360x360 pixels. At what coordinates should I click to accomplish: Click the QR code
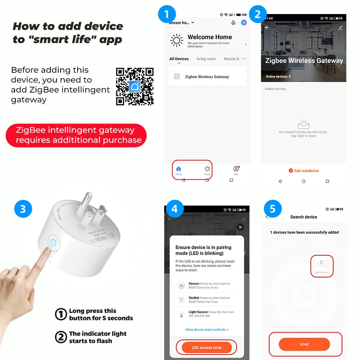(x=135, y=86)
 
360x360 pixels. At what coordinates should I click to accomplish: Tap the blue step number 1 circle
(x=167, y=14)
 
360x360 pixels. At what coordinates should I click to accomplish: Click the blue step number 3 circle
(x=23, y=209)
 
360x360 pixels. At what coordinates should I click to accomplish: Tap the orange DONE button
(x=304, y=344)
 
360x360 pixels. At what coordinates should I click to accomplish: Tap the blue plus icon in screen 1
(x=244, y=23)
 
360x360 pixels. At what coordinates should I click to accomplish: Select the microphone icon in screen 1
(x=233, y=23)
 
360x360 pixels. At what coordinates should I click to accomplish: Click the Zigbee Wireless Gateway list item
(x=207, y=77)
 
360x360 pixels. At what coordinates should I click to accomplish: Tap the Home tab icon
(x=179, y=169)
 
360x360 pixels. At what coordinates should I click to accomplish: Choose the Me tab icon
(x=236, y=169)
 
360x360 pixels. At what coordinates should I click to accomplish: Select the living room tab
(x=206, y=59)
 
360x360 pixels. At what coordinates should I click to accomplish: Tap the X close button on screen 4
(x=240, y=227)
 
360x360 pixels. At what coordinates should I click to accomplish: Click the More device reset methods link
(x=207, y=329)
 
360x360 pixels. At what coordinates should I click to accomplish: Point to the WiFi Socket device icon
(x=321, y=264)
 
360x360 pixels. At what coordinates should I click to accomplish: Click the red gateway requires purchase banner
(x=76, y=135)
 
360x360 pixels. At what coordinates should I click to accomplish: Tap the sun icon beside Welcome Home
(x=176, y=41)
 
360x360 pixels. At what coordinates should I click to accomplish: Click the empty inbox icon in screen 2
(x=303, y=125)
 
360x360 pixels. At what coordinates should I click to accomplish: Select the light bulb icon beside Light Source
(x=181, y=314)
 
